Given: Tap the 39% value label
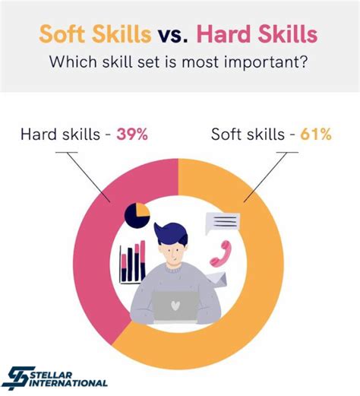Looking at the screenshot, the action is coord(132,135).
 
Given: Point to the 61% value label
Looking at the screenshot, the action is coord(316,135).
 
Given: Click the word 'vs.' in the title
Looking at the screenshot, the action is coord(173,35).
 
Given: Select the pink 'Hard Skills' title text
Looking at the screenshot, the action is coord(257,34).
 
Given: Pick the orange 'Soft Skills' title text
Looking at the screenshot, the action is coord(95,34).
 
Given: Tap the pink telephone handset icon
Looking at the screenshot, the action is coord(221,254).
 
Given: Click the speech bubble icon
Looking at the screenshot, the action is coord(223,223).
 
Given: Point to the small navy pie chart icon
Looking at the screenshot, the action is coord(137,215).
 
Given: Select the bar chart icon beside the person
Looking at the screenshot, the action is coord(132,262).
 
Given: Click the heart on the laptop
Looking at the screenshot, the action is coord(175,306).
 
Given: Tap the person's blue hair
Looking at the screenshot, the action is coord(171,233).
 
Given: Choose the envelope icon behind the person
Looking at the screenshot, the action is coord(218,280).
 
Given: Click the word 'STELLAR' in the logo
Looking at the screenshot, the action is coord(52,375).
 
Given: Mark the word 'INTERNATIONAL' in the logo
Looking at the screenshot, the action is coord(68,383).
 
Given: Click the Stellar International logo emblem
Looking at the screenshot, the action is coord(19,378).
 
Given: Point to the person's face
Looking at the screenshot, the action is coord(172,254).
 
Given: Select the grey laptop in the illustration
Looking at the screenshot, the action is coord(175,307).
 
